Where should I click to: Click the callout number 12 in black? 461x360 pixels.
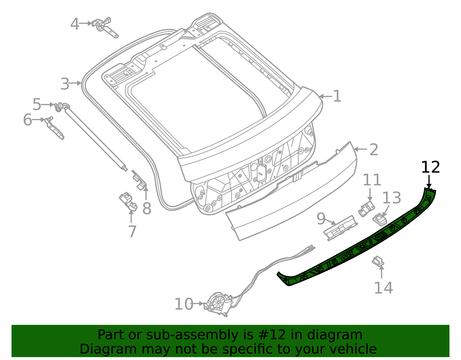point(430,167)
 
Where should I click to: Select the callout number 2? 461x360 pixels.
point(373,150)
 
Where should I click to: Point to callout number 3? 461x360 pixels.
point(65,84)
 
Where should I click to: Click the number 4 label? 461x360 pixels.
point(75,24)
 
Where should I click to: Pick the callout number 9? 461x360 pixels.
point(321,219)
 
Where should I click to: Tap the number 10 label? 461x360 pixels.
point(184,304)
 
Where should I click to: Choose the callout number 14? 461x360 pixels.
point(383,288)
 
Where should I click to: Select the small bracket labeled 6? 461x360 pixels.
point(55,129)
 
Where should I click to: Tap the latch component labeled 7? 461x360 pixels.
point(129,201)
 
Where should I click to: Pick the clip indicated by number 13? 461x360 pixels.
point(379,220)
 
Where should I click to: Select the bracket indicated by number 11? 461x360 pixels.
point(366,209)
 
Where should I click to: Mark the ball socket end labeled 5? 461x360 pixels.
point(59,107)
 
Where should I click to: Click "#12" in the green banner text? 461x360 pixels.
point(270,335)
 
